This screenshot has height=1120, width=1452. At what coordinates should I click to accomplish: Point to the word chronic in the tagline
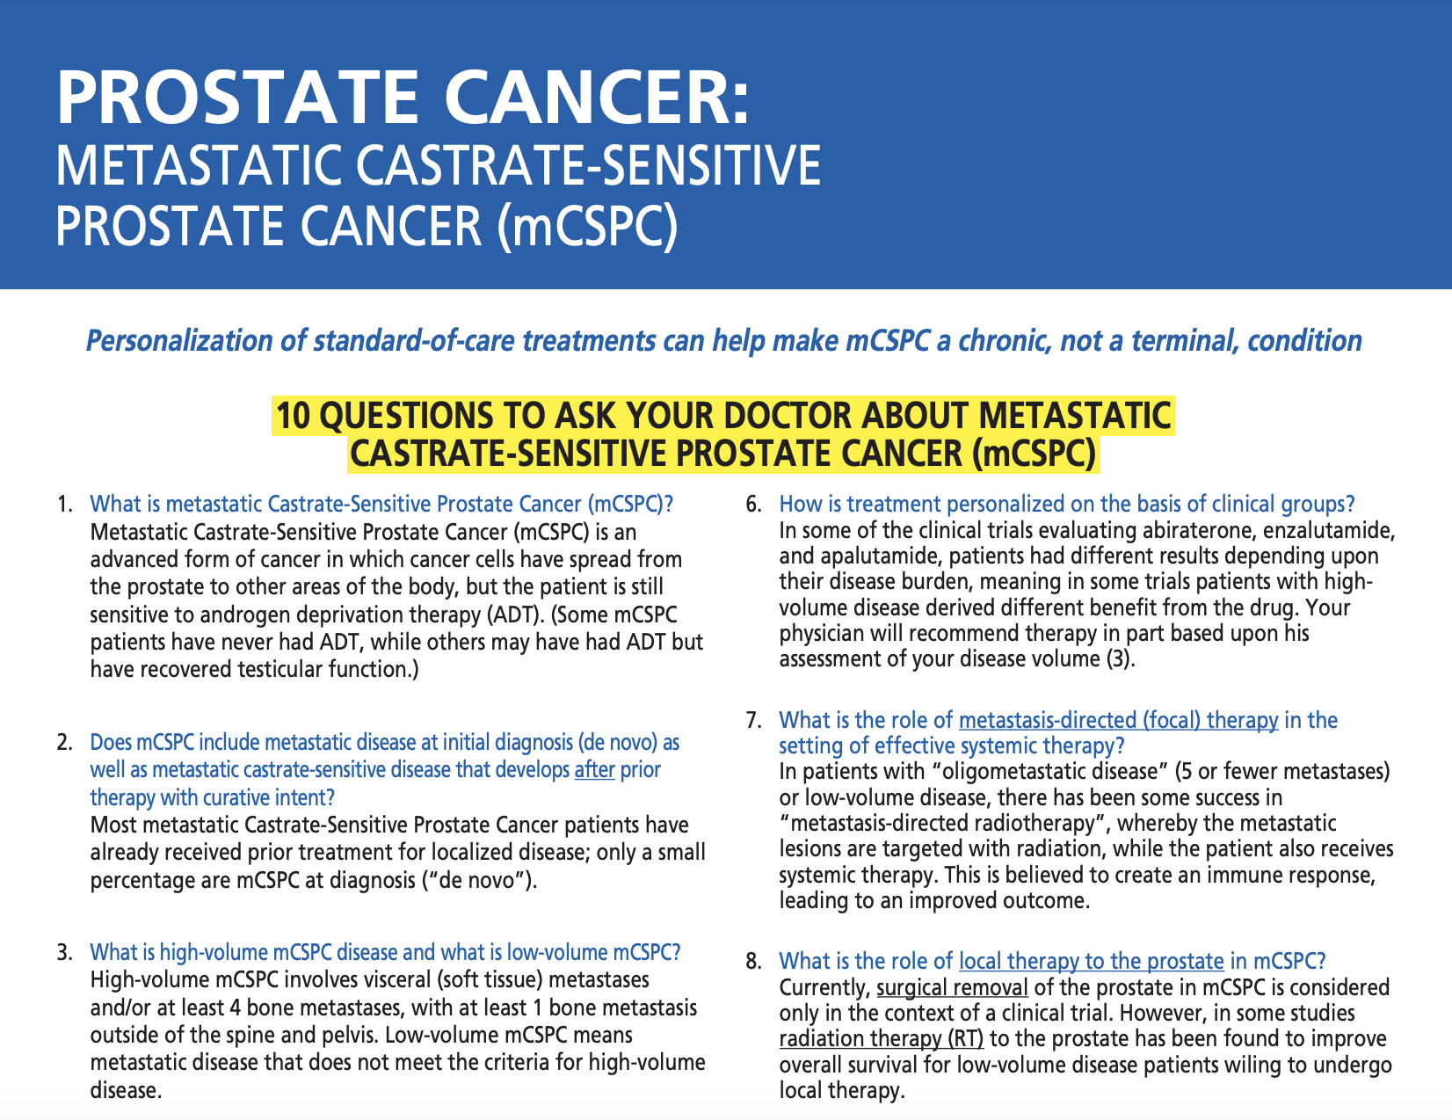pos(1002,340)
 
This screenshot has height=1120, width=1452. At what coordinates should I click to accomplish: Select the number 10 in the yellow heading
pos(294,416)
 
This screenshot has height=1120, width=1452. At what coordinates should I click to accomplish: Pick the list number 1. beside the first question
pos(64,505)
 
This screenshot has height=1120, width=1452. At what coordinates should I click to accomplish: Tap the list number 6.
pos(753,505)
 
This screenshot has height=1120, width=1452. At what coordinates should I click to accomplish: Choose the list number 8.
pos(753,961)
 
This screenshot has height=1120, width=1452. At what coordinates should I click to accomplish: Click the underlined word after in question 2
pos(595,770)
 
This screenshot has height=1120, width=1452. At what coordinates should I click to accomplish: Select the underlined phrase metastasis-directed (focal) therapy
pos(1118,721)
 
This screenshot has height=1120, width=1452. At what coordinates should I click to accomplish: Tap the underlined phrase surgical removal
pos(952,987)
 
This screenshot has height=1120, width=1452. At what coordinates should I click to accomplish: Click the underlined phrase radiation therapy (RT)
pos(882,1038)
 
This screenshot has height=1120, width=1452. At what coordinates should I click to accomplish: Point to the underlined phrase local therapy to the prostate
pos(1091,961)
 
